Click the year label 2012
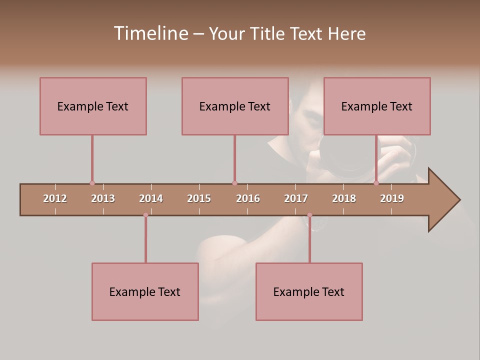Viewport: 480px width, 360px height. click(55, 198)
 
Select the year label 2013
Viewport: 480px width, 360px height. click(103, 198)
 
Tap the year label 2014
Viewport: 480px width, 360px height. click(151, 198)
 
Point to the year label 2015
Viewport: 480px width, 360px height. click(199, 198)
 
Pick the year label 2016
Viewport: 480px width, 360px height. click(248, 198)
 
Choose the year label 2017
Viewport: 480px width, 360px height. click(296, 198)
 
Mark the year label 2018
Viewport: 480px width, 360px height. click(344, 198)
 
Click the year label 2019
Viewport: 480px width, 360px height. click(392, 198)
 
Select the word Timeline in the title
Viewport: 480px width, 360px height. click(150, 33)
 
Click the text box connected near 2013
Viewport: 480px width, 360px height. click(93, 106)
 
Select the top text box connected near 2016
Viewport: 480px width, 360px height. click(235, 106)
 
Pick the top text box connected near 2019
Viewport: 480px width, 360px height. click(377, 106)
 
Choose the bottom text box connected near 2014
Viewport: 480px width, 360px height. click(145, 291)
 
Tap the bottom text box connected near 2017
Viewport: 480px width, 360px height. click(309, 291)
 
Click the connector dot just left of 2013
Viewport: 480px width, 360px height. click(92, 183)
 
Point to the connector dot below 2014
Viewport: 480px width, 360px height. click(145, 215)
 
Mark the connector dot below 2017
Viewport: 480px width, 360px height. click(309, 215)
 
